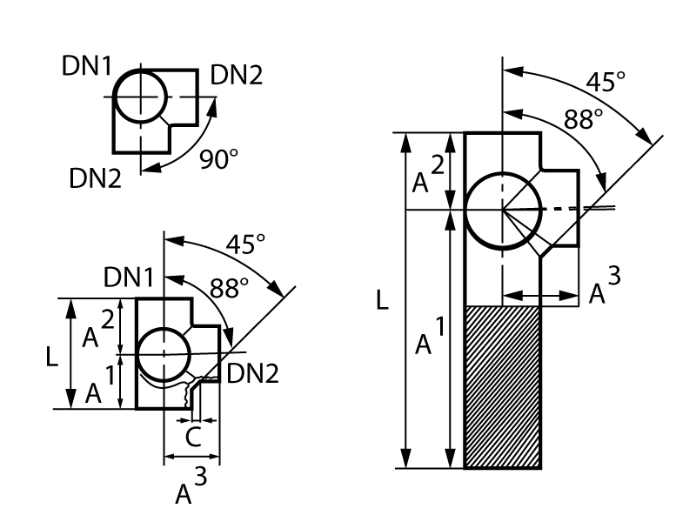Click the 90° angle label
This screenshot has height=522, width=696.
click(218, 159)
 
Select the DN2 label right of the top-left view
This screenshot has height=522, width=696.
click(236, 77)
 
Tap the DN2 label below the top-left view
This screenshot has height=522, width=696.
click(96, 178)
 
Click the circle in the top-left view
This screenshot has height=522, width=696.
click(140, 97)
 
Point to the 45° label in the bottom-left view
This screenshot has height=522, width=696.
click(244, 244)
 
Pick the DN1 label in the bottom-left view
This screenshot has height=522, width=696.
click(129, 278)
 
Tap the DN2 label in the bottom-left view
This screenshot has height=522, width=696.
click(252, 374)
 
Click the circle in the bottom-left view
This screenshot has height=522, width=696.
click(164, 355)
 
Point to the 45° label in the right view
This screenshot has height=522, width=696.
click(606, 83)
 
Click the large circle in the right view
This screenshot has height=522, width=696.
click(502, 210)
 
